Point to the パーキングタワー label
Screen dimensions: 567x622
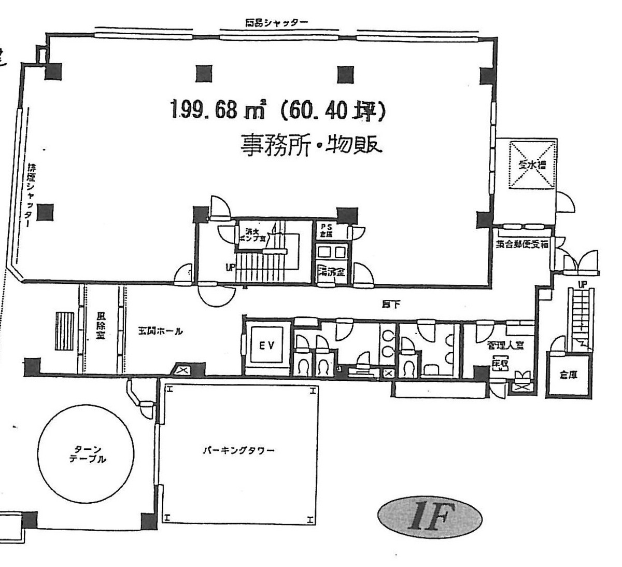pyautogui.click(x=238, y=450)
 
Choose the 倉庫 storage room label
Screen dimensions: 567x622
pyautogui.click(x=570, y=377)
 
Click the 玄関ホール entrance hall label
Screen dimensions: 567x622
pyautogui.click(x=160, y=331)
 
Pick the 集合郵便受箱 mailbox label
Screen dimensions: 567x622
pyautogui.click(x=521, y=244)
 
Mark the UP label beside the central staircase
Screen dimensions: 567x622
pyautogui.click(x=230, y=268)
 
